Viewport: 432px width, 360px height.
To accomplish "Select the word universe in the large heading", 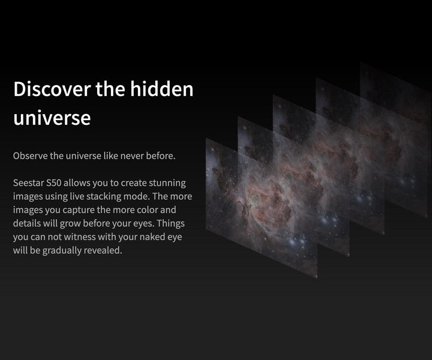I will [52, 118].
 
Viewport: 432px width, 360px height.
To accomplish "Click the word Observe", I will [30, 156].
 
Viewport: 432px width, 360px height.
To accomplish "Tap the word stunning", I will [166, 182].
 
